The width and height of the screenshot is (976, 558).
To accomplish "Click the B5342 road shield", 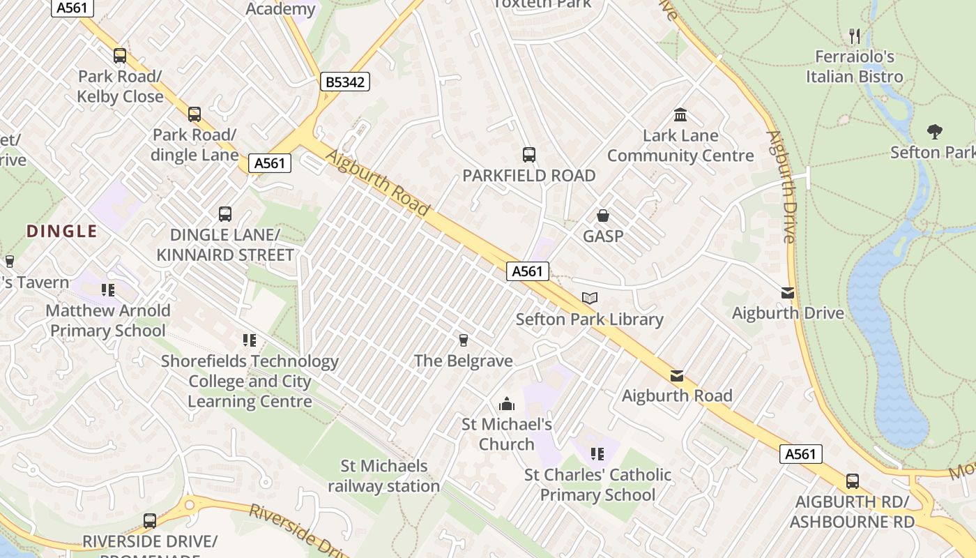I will (x=344, y=82).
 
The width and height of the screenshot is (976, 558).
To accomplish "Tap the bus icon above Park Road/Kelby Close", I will (x=120, y=56).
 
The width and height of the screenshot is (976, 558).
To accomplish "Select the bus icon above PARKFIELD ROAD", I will (x=528, y=155).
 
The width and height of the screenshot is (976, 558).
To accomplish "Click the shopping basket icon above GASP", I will (x=603, y=216).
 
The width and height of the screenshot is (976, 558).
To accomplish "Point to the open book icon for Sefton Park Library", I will (x=590, y=299).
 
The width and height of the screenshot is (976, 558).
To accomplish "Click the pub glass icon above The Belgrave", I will (x=463, y=340).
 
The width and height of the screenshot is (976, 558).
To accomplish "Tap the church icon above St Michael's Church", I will (x=507, y=404).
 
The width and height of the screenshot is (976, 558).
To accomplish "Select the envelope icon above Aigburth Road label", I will (x=676, y=376).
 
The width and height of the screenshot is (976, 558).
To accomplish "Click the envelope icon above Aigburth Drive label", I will (x=788, y=293).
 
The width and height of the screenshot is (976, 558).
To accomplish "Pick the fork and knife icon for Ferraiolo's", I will (x=855, y=36).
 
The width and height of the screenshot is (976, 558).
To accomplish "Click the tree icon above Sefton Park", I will (x=934, y=131).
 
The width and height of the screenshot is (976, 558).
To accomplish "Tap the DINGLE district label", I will (x=62, y=232).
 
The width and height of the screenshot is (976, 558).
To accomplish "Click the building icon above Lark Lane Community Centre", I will (x=680, y=114).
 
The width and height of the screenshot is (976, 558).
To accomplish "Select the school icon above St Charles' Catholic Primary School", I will (x=597, y=454).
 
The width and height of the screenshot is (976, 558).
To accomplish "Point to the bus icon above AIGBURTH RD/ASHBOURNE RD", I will (x=852, y=481).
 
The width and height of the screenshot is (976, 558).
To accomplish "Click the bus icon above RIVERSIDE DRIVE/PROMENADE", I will (x=150, y=520).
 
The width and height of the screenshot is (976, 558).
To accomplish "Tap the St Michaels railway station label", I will (x=384, y=476).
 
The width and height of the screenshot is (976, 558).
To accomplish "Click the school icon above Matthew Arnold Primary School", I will (x=108, y=289).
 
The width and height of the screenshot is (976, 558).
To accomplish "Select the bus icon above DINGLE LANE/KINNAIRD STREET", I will (x=224, y=214).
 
